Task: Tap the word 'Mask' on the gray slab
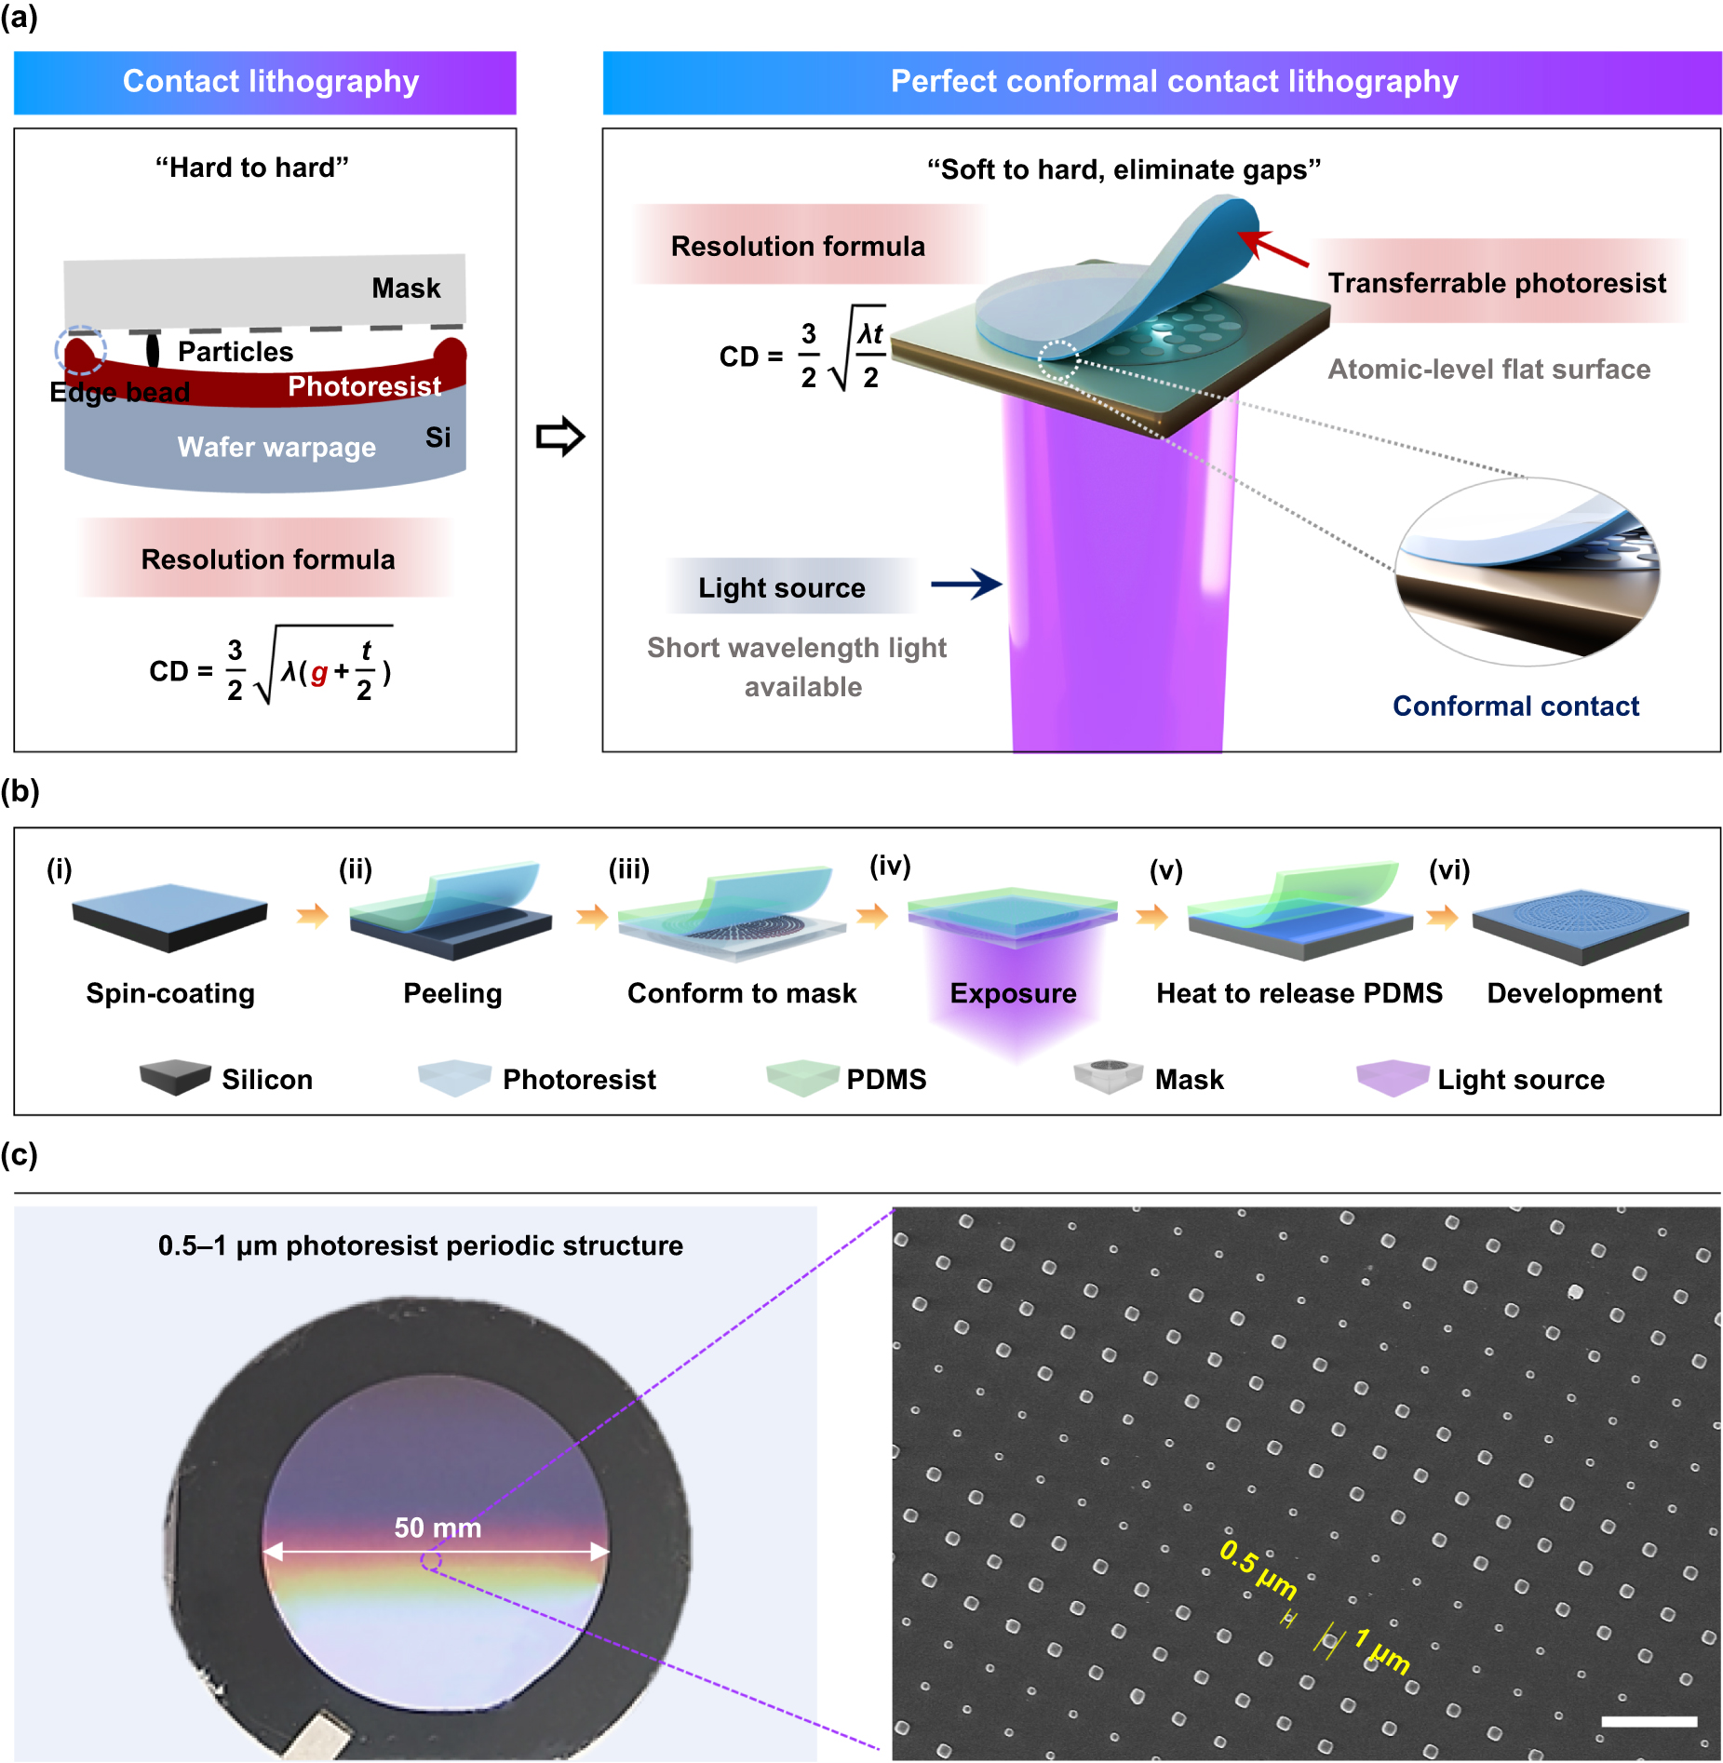pyautogui.click(x=406, y=288)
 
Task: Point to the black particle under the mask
pyautogui.click(x=153, y=350)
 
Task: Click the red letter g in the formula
pyautogui.click(x=318, y=672)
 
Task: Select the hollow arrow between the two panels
pyautogui.click(x=559, y=437)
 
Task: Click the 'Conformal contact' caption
pyautogui.click(x=1514, y=706)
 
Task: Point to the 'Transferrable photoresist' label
pyautogui.click(x=1496, y=282)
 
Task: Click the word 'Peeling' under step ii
pyautogui.click(x=452, y=993)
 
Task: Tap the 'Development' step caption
pyautogui.click(x=1573, y=993)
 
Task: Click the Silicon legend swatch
pyautogui.click(x=175, y=1078)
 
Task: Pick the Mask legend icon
pyautogui.click(x=1108, y=1076)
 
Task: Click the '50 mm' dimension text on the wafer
pyautogui.click(x=437, y=1527)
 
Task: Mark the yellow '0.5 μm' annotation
pyautogui.click(x=1258, y=1568)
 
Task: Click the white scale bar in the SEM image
pyautogui.click(x=1649, y=1721)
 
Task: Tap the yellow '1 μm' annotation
pyautogui.click(x=1382, y=1650)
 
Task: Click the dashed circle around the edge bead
pyautogui.click(x=81, y=351)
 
